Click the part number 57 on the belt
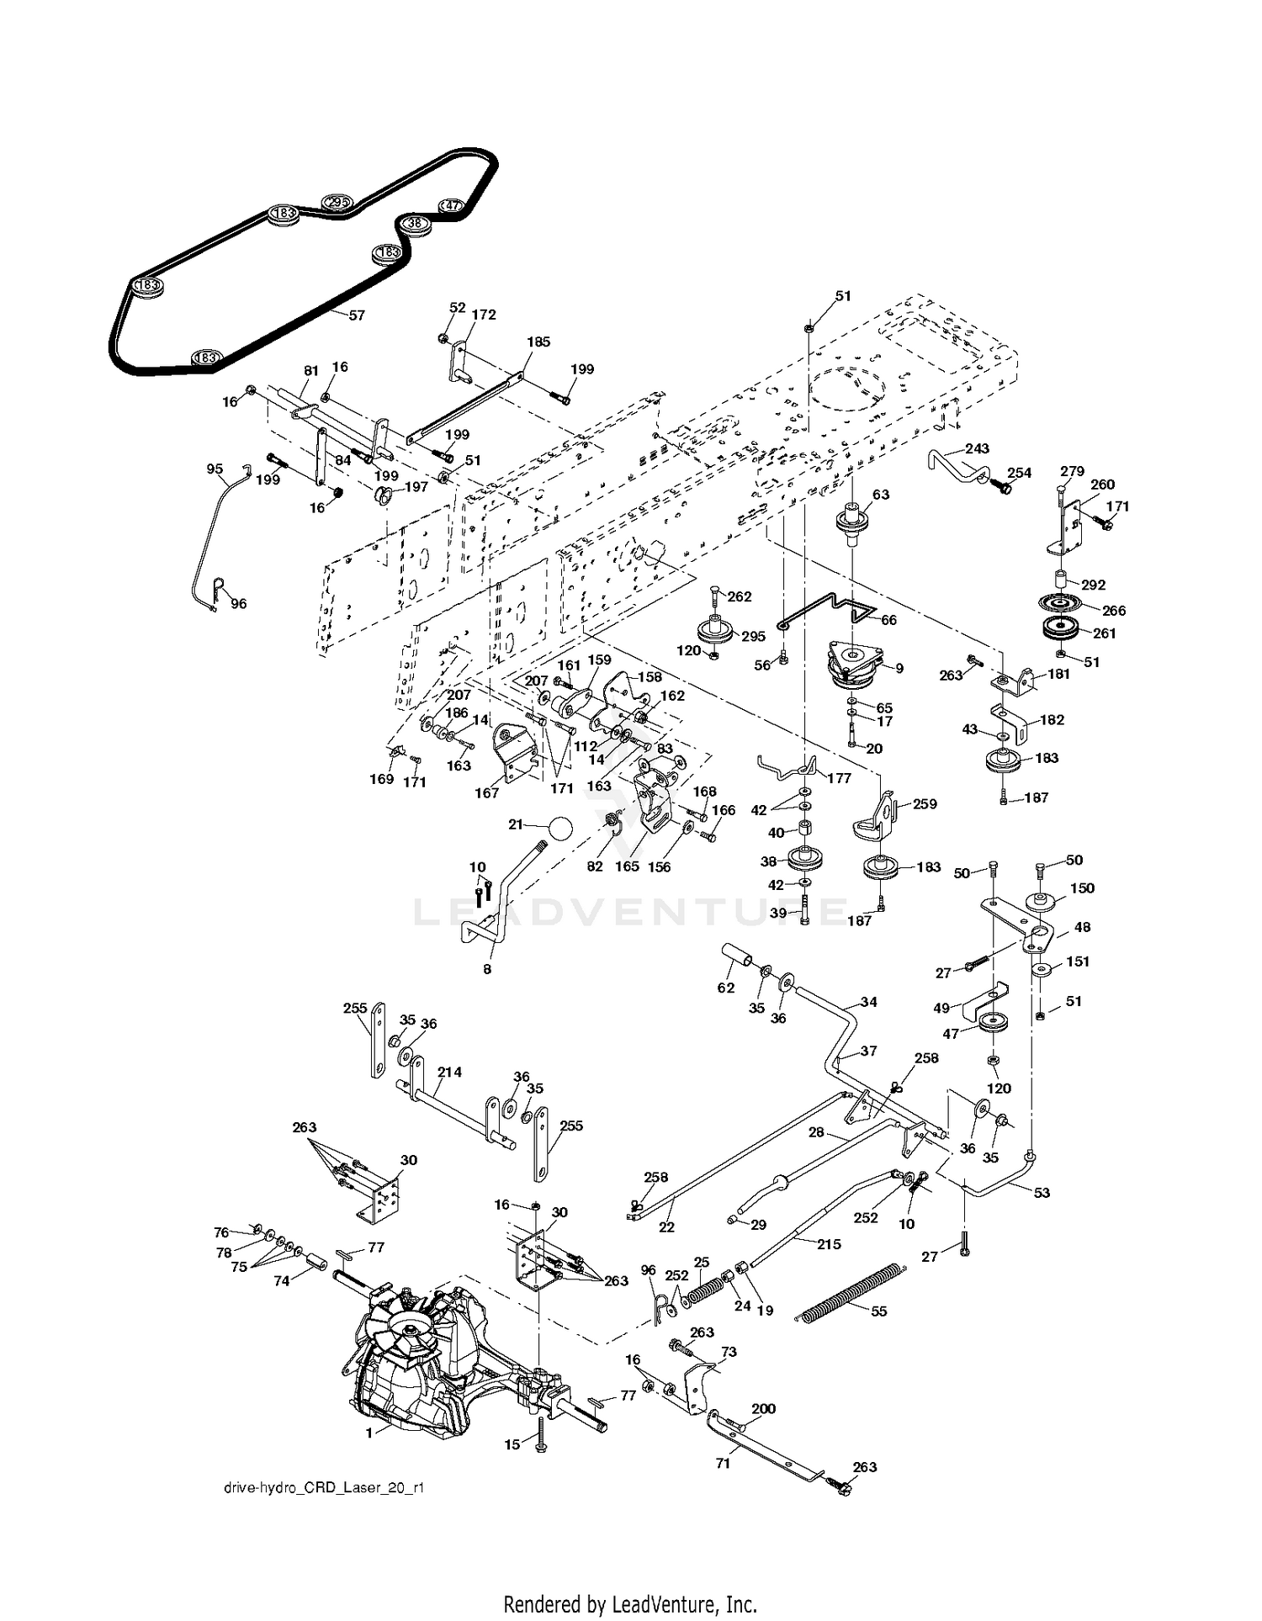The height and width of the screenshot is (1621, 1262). (x=357, y=315)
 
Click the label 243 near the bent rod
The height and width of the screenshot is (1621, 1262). (x=977, y=448)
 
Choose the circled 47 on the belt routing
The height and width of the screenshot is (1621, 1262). (x=452, y=205)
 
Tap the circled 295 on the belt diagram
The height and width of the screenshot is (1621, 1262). (x=337, y=202)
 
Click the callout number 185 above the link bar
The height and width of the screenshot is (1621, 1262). (x=538, y=342)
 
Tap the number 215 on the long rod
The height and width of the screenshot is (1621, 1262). (x=829, y=1244)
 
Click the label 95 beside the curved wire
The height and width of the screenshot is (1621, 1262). (x=215, y=469)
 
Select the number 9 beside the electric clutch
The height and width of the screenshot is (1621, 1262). (x=899, y=669)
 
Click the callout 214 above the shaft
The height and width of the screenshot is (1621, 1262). (x=449, y=1072)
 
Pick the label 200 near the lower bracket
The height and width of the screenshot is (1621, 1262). (x=763, y=1408)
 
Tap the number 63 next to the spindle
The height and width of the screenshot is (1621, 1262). (x=881, y=495)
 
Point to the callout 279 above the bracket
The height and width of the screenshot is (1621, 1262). (x=1072, y=471)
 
